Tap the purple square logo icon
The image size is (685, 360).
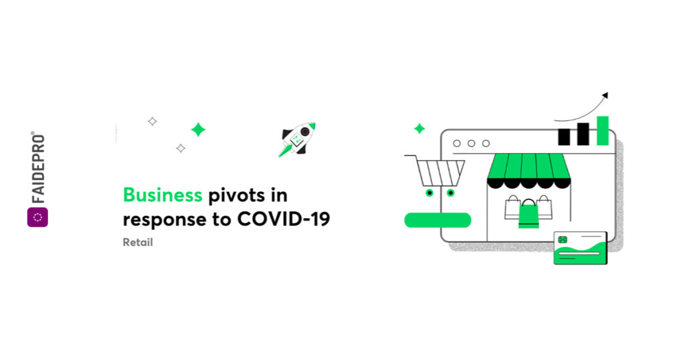click(x=37, y=217)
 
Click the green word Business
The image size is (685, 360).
click(x=163, y=195)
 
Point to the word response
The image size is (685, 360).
click(x=165, y=219)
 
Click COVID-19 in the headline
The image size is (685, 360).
click(x=284, y=219)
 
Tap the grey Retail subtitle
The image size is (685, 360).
click(x=138, y=242)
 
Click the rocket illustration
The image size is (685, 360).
click(x=297, y=139)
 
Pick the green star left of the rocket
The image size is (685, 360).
click(x=198, y=129)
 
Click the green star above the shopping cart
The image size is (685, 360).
click(x=419, y=128)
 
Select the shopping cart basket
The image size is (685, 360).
click(x=439, y=173)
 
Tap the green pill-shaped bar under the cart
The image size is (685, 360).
click(x=437, y=220)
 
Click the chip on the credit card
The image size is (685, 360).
click(x=563, y=240)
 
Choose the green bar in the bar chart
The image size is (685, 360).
click(x=603, y=130)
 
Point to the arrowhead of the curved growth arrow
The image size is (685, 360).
click(x=605, y=95)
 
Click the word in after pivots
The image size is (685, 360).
click(x=279, y=195)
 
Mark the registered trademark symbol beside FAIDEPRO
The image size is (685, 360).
click(x=33, y=132)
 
